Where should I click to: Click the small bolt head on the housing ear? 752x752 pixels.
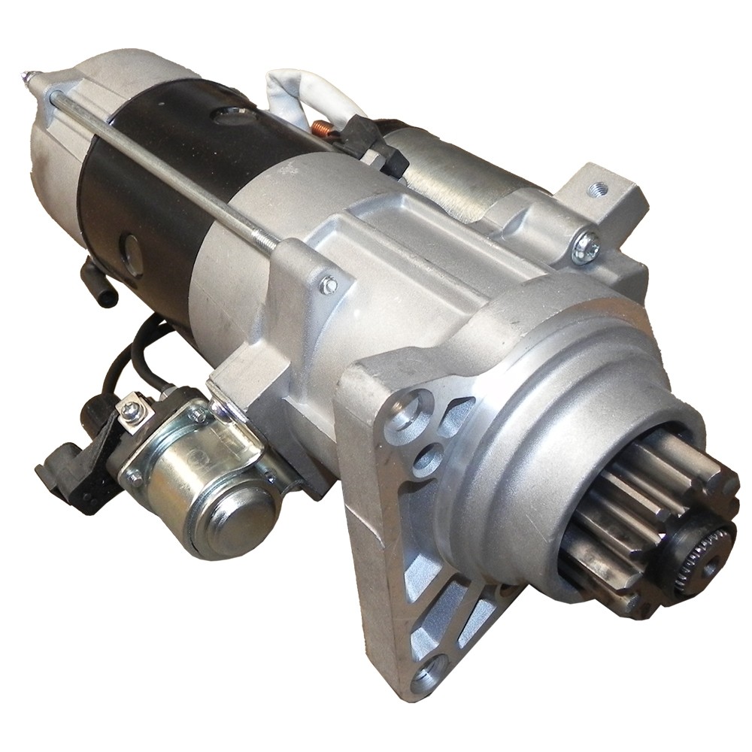[329, 285]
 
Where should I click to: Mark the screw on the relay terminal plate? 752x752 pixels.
[132, 410]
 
